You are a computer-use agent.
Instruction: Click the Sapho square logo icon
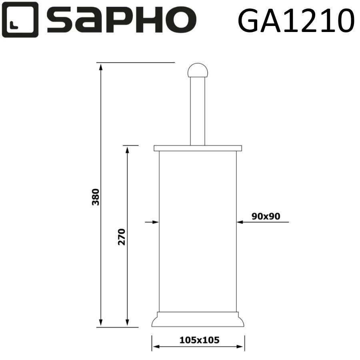point(20,20)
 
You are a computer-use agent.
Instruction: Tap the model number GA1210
point(296,20)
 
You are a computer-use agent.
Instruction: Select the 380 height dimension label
point(96,196)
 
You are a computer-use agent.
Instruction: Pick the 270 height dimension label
point(122,237)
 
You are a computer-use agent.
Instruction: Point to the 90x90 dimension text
point(266,216)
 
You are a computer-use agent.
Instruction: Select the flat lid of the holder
point(198,148)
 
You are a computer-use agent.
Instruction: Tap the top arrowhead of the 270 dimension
point(128,150)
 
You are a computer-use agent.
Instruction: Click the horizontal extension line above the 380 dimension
point(136,63)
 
